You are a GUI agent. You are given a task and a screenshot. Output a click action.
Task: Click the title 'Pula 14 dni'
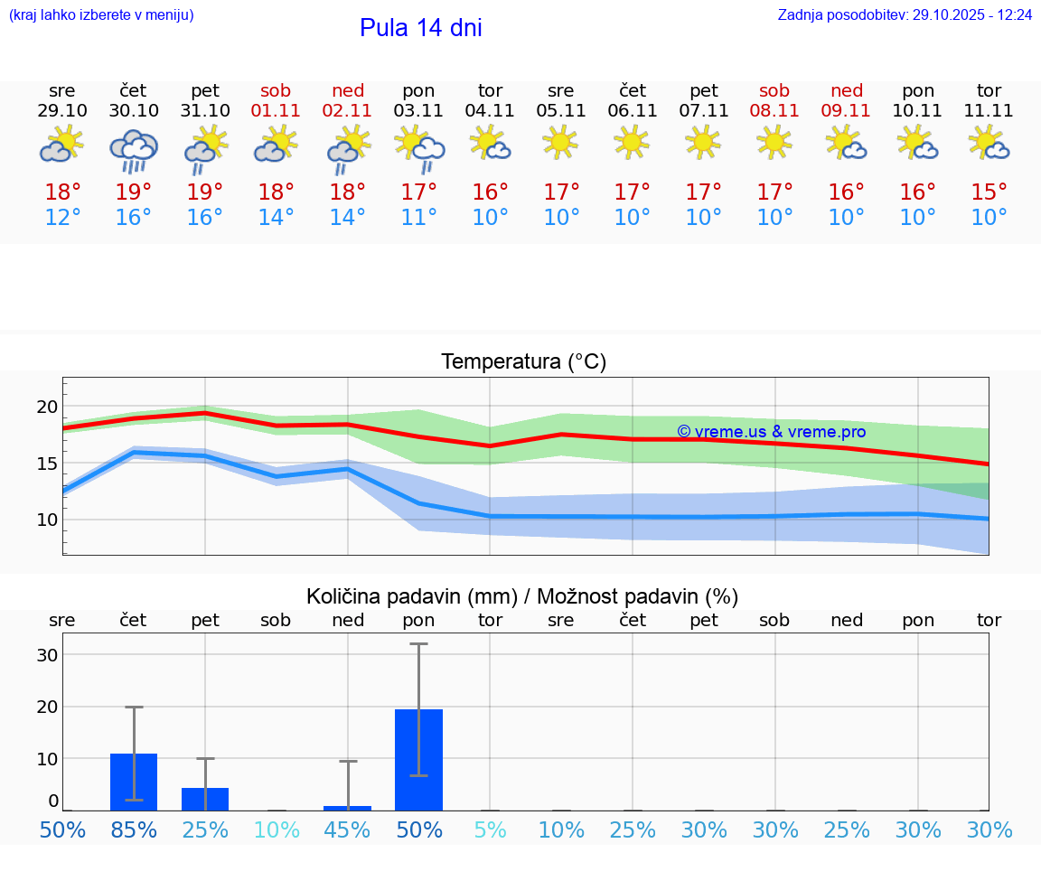(x=420, y=28)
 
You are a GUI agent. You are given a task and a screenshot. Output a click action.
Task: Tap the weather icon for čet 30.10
(x=134, y=150)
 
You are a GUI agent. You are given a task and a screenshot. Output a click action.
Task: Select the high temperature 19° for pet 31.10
(x=205, y=192)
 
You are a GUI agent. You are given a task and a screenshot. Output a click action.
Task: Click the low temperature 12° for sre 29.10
(x=62, y=218)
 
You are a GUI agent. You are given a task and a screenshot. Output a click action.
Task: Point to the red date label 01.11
(x=277, y=111)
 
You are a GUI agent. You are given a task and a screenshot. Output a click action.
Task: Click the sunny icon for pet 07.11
(x=703, y=142)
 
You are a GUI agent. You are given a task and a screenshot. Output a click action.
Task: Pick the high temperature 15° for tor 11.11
(x=989, y=192)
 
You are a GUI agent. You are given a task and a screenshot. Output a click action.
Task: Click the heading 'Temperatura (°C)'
(x=523, y=362)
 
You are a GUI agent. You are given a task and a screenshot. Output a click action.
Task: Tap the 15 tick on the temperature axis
(x=46, y=464)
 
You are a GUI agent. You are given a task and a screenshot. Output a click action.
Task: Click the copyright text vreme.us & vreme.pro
(x=771, y=432)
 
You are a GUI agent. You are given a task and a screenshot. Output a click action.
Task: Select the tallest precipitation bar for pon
(x=418, y=759)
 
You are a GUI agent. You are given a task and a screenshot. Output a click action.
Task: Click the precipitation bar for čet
(x=134, y=782)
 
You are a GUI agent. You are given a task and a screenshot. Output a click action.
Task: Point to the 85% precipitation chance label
(x=134, y=829)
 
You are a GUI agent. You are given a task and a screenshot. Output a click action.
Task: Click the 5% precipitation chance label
(x=490, y=829)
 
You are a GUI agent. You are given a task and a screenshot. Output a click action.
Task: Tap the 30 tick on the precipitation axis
(x=47, y=655)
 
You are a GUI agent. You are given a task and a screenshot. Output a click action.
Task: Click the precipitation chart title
(x=522, y=596)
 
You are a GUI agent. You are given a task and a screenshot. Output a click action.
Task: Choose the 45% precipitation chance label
(x=347, y=829)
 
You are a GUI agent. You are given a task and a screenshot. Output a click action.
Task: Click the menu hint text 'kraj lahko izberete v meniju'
(x=101, y=15)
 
